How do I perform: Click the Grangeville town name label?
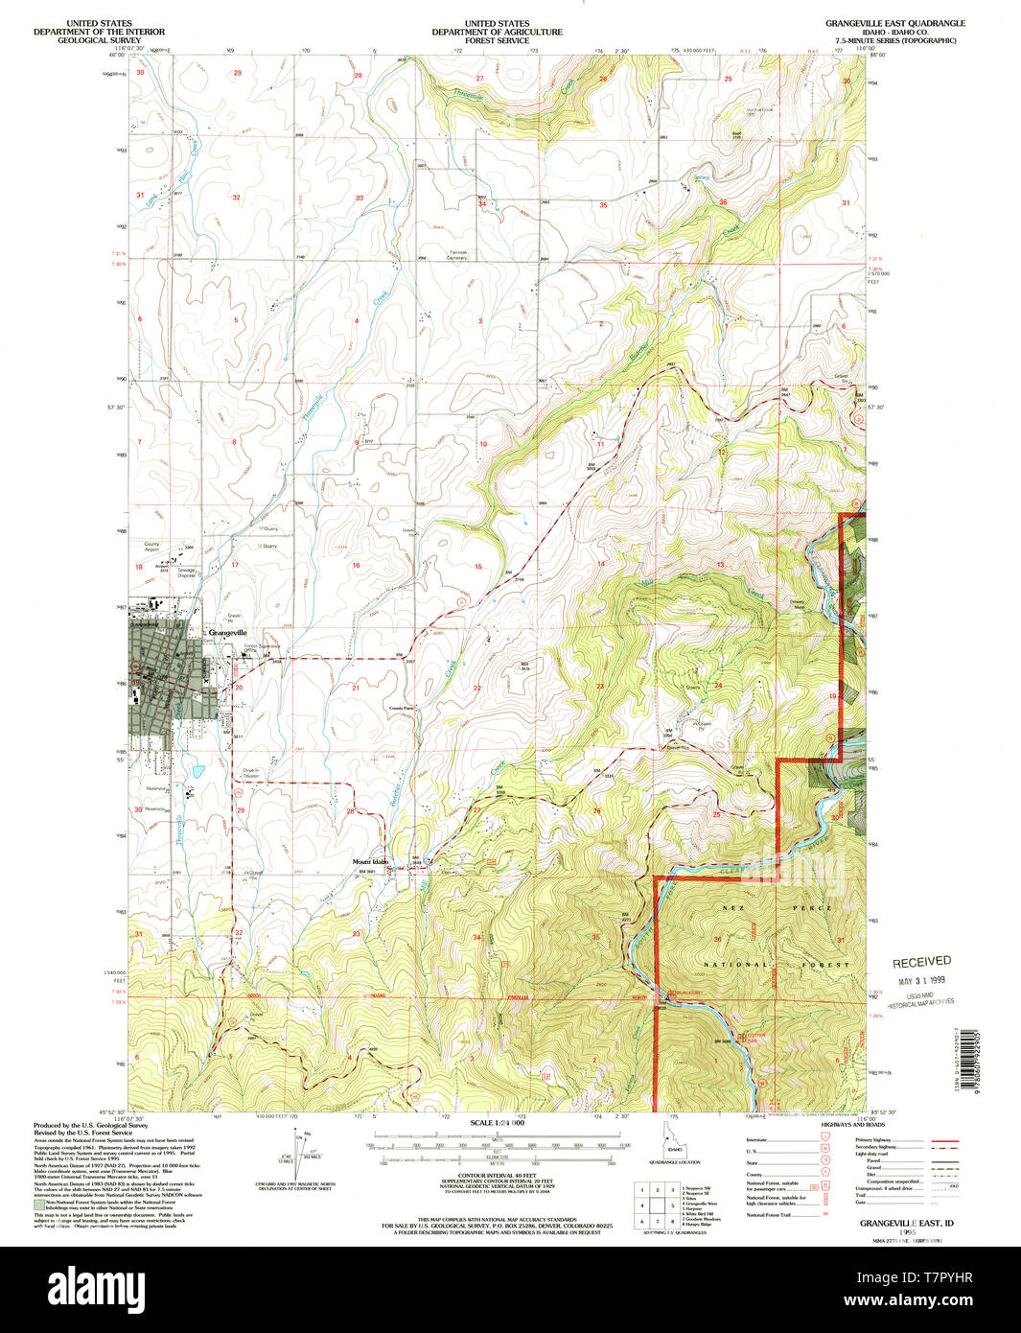pos(228,633)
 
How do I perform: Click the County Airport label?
pos(152,547)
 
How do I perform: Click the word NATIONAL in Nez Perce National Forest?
pos(736,964)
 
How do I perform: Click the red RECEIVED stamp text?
pos(921,961)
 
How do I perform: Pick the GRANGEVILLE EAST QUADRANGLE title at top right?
pos(897,22)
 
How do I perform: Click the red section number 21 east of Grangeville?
pos(356,688)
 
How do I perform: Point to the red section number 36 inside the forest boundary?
pos(717,939)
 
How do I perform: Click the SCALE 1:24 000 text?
pos(497,1122)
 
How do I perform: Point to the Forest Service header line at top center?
pos(497,40)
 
